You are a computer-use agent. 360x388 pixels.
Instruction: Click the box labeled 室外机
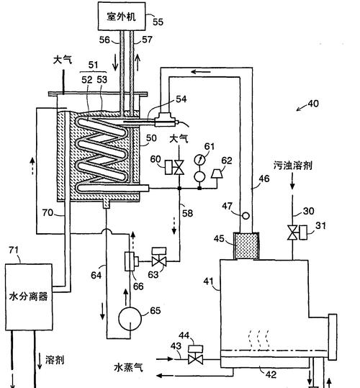click(122, 16)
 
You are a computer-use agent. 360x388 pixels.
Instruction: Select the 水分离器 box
click(29, 297)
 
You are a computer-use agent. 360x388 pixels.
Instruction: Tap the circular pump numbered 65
click(130, 319)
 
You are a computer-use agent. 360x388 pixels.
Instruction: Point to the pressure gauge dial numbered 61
click(199, 160)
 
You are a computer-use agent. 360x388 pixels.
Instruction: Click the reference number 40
click(313, 103)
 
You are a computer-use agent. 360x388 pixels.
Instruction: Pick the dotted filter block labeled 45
click(246, 246)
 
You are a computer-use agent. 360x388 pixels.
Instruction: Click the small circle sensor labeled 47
click(246, 215)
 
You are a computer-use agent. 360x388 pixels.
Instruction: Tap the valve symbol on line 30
click(292, 233)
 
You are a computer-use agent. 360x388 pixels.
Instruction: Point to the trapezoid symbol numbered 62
click(217, 173)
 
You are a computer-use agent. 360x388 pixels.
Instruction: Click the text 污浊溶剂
click(293, 166)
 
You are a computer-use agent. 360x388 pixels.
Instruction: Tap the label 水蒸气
click(128, 367)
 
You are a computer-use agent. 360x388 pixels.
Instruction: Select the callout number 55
click(158, 22)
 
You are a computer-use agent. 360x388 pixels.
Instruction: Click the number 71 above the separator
click(14, 250)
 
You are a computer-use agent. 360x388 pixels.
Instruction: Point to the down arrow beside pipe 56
click(115, 64)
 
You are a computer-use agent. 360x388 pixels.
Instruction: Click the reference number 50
click(151, 137)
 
